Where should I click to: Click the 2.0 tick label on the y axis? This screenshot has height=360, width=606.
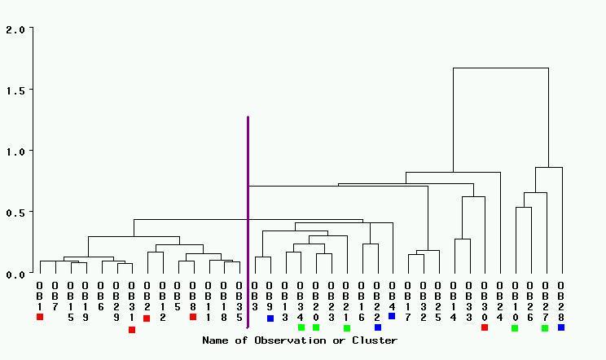pos(15,29)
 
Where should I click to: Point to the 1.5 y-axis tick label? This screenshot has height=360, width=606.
pos(15,90)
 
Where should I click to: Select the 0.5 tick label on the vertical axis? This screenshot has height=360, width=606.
pos(15,213)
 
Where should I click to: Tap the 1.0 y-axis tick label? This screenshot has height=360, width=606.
pos(15,151)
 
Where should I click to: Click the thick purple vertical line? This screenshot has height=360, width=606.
pos(248,220)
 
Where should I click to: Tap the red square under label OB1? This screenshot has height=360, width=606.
pos(40,317)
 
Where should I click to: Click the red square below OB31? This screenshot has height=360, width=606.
pos(132,330)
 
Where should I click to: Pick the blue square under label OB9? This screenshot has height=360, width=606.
pos(270,318)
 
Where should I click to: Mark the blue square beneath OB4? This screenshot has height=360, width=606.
pos(392,316)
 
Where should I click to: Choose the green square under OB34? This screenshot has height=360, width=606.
pos(301,327)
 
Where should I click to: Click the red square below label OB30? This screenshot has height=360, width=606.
pos(484,327)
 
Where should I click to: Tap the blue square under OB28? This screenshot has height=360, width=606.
pos(561,327)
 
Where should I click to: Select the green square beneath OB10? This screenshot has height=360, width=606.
pos(515,328)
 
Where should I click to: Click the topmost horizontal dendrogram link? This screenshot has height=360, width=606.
pos(501,68)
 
